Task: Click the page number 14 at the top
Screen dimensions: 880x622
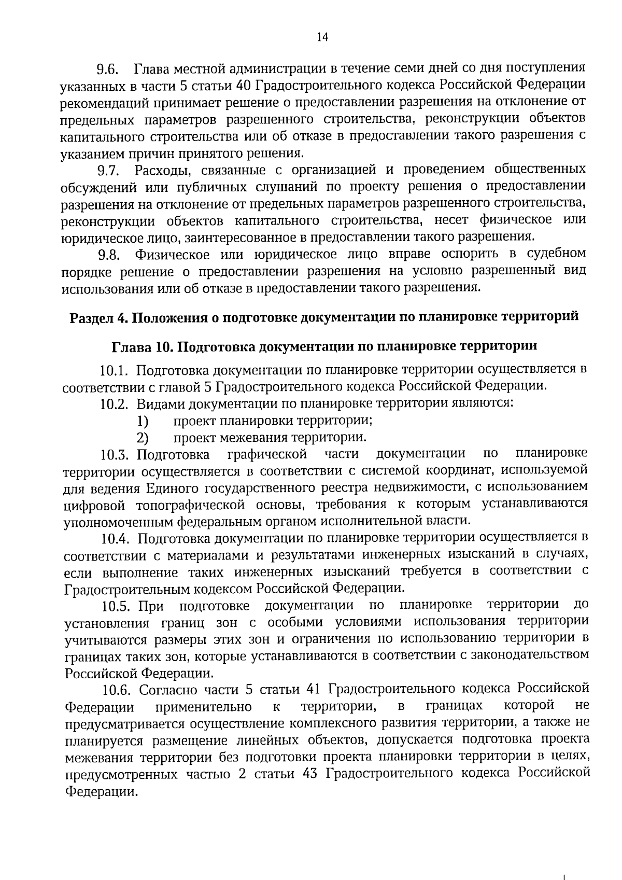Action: tap(322, 37)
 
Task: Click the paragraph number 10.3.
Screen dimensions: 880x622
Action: tap(115, 455)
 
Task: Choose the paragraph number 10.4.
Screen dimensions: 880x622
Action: tap(115, 539)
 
